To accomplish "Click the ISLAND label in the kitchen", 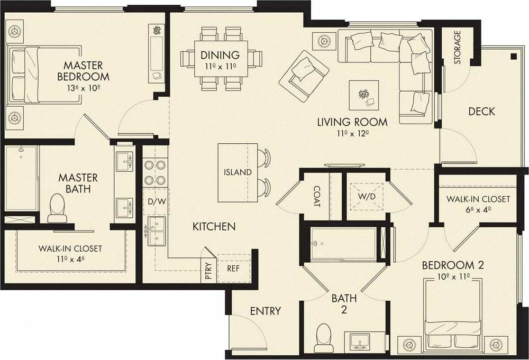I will [238, 172].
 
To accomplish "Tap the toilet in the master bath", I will [56, 208].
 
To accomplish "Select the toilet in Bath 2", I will [322, 338].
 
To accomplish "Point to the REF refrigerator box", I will [233, 268].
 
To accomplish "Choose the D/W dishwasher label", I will [155, 201].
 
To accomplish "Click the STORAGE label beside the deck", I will [457, 48].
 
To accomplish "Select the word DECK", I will [481, 112].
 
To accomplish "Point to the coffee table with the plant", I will [363, 96].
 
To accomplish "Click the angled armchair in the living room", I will [304, 75].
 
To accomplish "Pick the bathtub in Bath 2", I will [344, 244].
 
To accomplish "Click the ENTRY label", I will [266, 311].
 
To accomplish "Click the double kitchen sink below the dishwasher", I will [156, 233].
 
